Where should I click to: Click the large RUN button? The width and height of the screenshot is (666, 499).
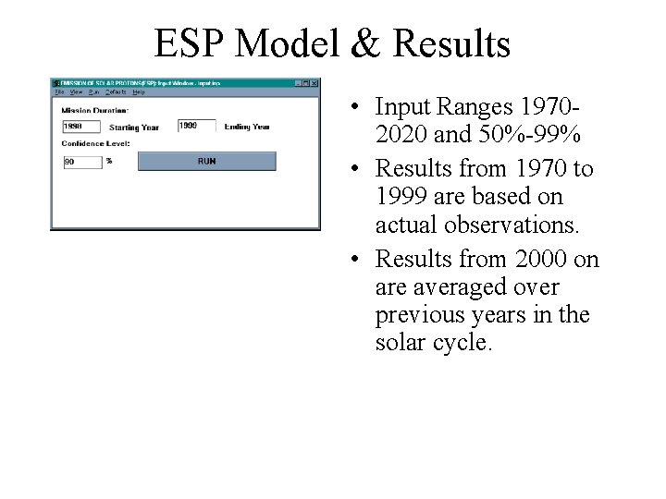[206, 161]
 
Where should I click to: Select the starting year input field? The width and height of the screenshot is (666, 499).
[81, 126]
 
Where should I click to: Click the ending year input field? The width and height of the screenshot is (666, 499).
[195, 126]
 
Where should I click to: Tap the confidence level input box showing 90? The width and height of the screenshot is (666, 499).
[81, 161]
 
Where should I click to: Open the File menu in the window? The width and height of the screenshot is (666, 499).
[59, 92]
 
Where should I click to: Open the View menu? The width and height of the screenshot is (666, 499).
[76, 92]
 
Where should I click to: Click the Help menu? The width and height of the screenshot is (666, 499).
[139, 92]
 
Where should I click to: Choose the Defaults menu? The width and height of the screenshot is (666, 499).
[116, 92]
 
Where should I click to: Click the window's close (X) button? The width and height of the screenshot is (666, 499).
[314, 83]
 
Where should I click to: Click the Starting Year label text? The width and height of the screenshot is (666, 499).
[133, 127]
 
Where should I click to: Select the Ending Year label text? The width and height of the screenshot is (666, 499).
[247, 127]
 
